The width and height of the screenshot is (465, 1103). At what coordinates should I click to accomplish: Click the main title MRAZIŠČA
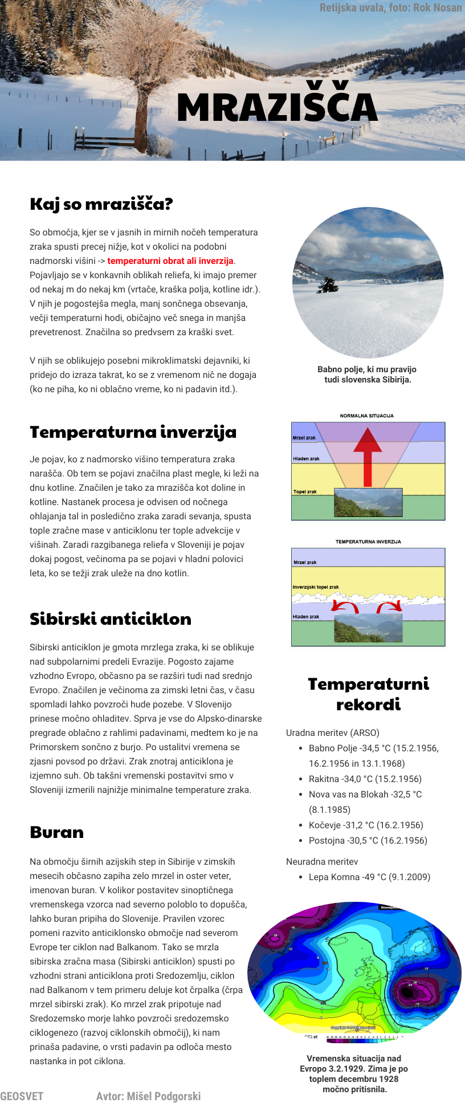click(x=277, y=107)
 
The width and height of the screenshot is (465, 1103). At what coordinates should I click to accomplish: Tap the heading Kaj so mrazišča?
click(x=101, y=204)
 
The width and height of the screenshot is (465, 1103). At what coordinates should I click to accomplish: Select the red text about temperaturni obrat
click(x=170, y=261)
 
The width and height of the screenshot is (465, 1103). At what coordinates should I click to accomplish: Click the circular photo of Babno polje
click(x=368, y=282)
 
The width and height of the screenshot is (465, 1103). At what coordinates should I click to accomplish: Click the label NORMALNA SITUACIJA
click(x=366, y=416)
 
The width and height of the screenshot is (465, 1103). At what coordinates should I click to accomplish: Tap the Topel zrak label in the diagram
click(x=305, y=491)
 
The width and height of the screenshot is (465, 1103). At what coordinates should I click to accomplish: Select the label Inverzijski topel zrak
click(x=316, y=587)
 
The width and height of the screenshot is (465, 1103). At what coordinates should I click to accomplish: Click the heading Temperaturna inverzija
click(x=133, y=432)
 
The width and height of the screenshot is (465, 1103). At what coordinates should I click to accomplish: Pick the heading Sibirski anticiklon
click(x=111, y=619)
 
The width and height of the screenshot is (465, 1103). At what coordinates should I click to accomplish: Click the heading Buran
click(x=56, y=833)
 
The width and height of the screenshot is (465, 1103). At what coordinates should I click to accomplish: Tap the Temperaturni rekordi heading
click(x=368, y=694)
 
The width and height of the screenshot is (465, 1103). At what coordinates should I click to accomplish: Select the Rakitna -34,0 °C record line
click(x=365, y=779)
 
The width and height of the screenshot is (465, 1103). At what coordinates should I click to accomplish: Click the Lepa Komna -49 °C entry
click(x=369, y=877)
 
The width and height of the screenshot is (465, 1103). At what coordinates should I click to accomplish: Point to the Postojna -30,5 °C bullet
click(x=368, y=840)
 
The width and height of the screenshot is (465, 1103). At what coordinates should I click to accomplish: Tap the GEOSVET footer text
click(x=22, y=1096)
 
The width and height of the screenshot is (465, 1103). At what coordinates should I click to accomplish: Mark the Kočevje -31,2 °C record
click(x=366, y=825)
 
